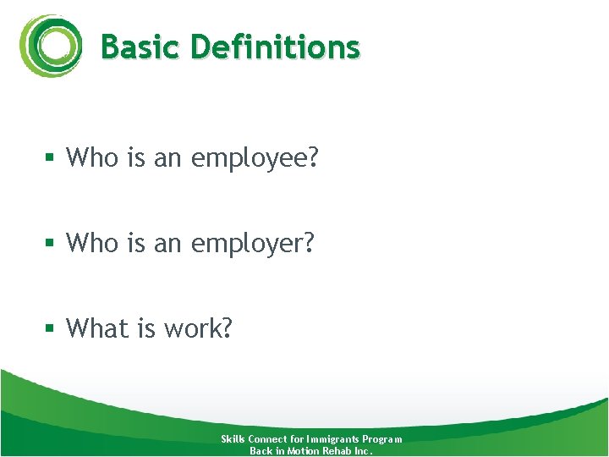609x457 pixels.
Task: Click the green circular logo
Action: [x=51, y=46]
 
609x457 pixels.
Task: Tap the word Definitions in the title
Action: [x=276, y=47]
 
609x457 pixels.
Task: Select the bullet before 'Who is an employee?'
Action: [x=51, y=158]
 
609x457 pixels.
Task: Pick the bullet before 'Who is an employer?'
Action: [x=51, y=244]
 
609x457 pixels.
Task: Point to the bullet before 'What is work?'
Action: [x=51, y=328]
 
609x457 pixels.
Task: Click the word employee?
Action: [x=255, y=158]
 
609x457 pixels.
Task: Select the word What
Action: [x=95, y=328]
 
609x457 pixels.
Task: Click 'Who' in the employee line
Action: [x=92, y=157]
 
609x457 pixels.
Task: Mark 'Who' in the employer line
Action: [x=92, y=243]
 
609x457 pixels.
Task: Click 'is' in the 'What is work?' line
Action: [x=140, y=328]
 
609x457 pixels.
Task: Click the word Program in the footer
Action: [x=382, y=439]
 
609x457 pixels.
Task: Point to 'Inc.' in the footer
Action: [x=365, y=451]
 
